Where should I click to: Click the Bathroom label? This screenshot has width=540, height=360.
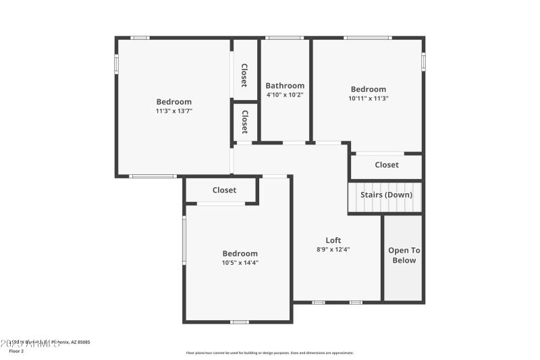(x=284, y=86)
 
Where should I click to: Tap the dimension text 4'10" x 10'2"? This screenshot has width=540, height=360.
(x=284, y=95)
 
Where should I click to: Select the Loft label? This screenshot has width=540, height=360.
(x=333, y=240)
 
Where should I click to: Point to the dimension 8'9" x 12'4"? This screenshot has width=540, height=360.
(x=333, y=249)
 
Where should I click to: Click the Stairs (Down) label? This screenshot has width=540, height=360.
(x=386, y=195)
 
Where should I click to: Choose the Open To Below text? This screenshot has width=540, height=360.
(x=404, y=255)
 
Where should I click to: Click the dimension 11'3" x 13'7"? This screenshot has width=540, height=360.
(x=174, y=111)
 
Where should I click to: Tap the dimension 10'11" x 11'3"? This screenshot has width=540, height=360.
(x=368, y=98)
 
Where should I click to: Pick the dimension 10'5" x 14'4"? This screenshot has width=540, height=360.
(x=240, y=263)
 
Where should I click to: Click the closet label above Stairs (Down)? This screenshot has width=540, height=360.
(x=387, y=165)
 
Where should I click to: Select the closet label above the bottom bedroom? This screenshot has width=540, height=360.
(x=224, y=190)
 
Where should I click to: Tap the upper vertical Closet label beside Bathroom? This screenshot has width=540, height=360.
(x=244, y=76)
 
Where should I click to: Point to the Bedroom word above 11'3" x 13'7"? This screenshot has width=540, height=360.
(x=174, y=102)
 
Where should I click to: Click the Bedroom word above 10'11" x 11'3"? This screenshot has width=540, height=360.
(x=368, y=89)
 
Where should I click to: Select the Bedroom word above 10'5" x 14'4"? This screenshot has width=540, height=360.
(x=240, y=254)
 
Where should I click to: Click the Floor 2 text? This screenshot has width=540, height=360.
(x=16, y=351)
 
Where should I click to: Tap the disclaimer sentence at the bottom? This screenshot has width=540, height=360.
(x=269, y=353)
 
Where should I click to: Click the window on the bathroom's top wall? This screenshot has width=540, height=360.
(x=284, y=38)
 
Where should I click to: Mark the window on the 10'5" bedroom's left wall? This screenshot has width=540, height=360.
(x=184, y=240)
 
